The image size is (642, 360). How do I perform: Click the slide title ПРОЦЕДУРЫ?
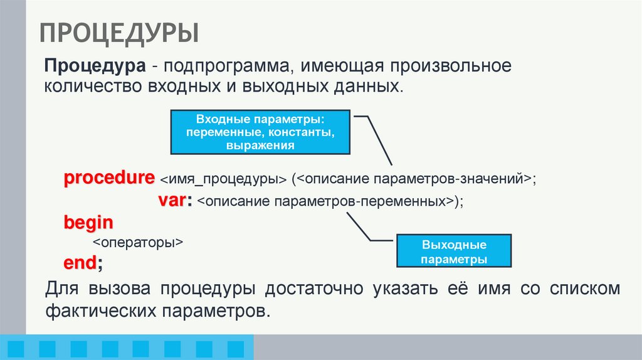(120, 33)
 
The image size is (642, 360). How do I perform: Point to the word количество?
(92, 86)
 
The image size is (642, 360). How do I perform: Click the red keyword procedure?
(109, 177)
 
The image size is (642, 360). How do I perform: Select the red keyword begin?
(88, 222)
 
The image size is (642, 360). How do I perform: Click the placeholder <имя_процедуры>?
(223, 179)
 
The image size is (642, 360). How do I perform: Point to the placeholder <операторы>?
(137, 243)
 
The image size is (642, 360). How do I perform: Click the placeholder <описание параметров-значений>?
(414, 179)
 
